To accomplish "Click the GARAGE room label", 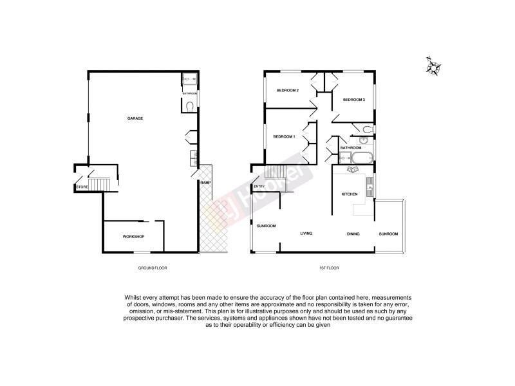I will tap(135, 118).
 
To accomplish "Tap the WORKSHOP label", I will tap(133, 237).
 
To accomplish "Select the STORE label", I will tap(82, 187).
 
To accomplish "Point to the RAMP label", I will tap(205, 183).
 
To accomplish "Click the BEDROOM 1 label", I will tap(284, 136).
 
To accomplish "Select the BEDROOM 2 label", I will tap(288, 90).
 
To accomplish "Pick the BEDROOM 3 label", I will tap(353, 100).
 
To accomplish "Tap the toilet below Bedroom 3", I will tap(366, 131).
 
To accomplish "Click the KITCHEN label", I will tap(350, 194).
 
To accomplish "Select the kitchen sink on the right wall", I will tap(369, 187).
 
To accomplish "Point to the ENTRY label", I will tap(259, 187).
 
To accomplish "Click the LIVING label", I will tap(306, 234).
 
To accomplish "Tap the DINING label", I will tap(353, 234).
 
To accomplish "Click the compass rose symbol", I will tap(435, 67).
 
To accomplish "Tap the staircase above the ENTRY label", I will tap(275, 172).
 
